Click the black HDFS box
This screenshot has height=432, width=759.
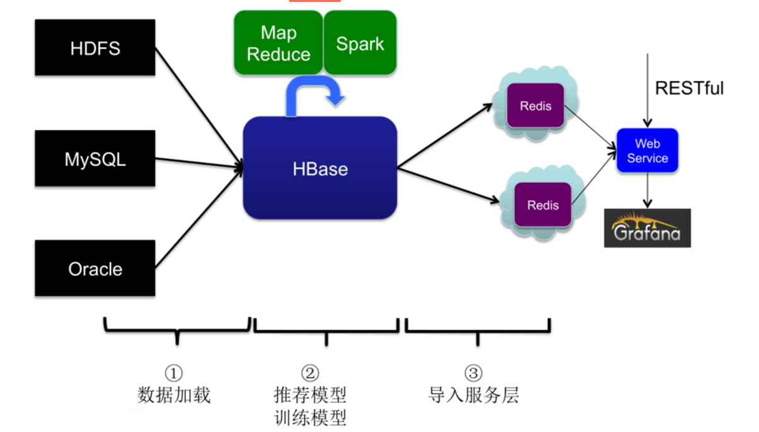[x=95, y=48]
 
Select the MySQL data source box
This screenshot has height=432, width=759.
[x=95, y=159]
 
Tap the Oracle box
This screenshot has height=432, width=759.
[x=95, y=268]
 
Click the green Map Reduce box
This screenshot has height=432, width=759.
[x=278, y=43]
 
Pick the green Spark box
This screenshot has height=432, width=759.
[x=360, y=43]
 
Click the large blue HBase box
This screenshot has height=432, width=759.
[x=320, y=168]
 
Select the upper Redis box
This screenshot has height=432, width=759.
[x=535, y=106]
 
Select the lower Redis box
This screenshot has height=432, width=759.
[x=543, y=205]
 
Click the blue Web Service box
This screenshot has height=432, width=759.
[x=647, y=151]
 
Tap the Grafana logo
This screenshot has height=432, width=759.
[x=647, y=228]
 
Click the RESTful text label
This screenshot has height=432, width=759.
[x=689, y=88]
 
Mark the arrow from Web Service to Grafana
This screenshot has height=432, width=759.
[x=647, y=191]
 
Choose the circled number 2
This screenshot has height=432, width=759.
[x=310, y=373]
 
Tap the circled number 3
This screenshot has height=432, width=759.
[x=473, y=373]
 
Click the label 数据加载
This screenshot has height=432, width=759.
[x=174, y=395]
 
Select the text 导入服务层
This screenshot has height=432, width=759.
[x=474, y=395]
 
